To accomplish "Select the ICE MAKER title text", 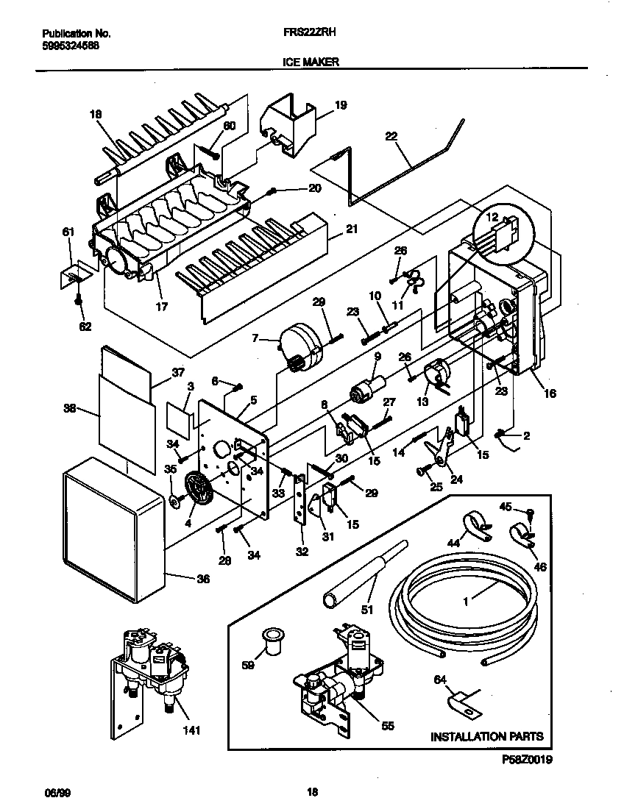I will [x=311, y=63].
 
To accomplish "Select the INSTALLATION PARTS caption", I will [x=486, y=735].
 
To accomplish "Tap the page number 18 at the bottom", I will [x=312, y=792].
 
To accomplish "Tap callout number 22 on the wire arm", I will [x=391, y=135].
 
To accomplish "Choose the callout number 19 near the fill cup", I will [x=340, y=105].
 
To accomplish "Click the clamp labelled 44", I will [x=470, y=527].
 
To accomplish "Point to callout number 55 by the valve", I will [x=387, y=726].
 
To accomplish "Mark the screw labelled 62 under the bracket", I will [x=79, y=302].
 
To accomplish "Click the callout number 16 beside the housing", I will [x=550, y=393].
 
